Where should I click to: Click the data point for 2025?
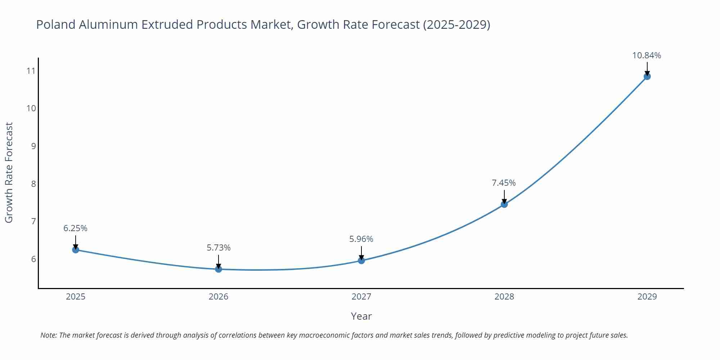coord(76,249)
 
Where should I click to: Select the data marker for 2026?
coord(219,269)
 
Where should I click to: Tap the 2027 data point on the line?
coord(361,260)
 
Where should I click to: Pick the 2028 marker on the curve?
coord(504,204)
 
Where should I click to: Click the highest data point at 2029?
coord(647,76)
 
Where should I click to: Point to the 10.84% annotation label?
coord(647,55)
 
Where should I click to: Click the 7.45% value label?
coord(504,183)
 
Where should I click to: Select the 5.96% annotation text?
coord(361,239)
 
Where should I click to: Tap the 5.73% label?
coord(219,248)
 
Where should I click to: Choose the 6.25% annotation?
coord(75,228)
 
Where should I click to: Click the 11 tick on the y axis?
coord(31,71)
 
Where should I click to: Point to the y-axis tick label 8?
coord(33,184)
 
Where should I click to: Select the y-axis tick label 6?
coord(33,259)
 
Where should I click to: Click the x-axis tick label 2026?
coord(219,297)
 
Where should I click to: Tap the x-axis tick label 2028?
coord(504,297)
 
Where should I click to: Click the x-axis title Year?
coord(361,316)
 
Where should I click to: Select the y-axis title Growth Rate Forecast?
coord(9,172)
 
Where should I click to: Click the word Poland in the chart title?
coord(56,24)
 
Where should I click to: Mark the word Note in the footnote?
coord(48,335)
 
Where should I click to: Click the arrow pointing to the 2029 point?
coord(647,68)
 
